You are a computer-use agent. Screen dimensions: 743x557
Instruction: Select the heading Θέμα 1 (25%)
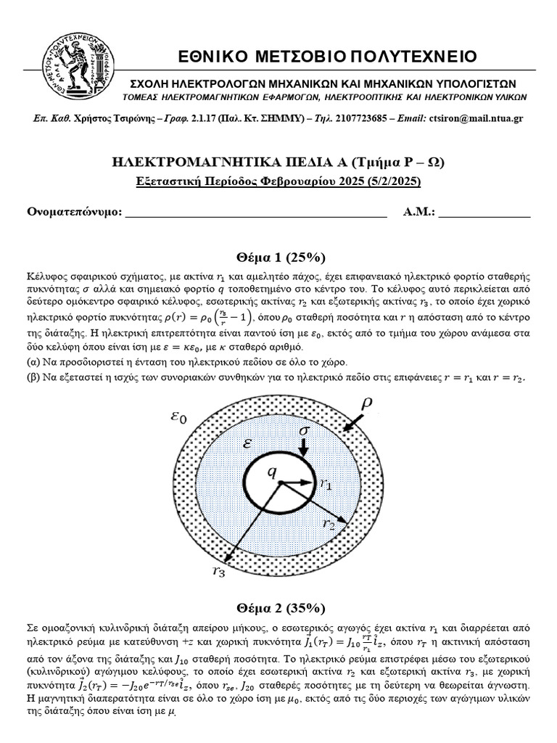click(281, 258)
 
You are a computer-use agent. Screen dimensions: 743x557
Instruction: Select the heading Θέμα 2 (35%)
click(281, 608)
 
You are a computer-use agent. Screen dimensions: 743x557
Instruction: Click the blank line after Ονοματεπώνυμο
click(257, 212)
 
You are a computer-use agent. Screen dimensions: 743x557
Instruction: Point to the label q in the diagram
click(273, 472)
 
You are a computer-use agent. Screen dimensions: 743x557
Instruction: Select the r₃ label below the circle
click(220, 571)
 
